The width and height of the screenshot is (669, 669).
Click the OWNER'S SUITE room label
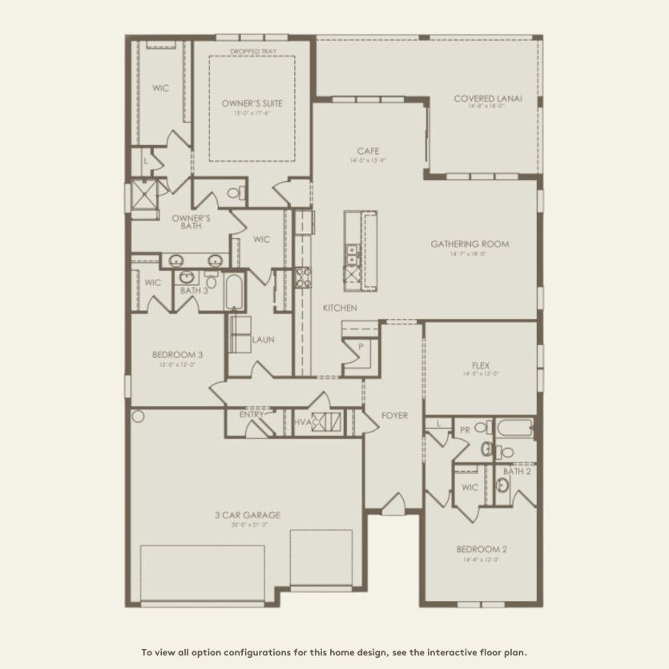(x=252, y=103)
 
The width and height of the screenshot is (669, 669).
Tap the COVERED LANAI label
(x=487, y=99)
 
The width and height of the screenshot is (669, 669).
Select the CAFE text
(x=369, y=151)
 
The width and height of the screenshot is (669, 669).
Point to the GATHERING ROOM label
(x=470, y=244)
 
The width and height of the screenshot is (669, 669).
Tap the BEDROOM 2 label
(x=481, y=550)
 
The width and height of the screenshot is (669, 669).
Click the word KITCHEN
(x=340, y=308)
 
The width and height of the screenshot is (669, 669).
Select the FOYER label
(x=394, y=416)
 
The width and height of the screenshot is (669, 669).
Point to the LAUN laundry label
(x=263, y=339)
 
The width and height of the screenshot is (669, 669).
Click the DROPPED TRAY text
(x=252, y=51)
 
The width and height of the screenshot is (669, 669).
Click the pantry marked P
(x=361, y=347)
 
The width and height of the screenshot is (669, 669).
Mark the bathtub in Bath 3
(x=235, y=292)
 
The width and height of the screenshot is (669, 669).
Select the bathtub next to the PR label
(x=514, y=428)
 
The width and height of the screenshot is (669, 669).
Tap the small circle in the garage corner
(x=138, y=417)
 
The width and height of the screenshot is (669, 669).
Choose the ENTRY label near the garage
(x=252, y=415)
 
